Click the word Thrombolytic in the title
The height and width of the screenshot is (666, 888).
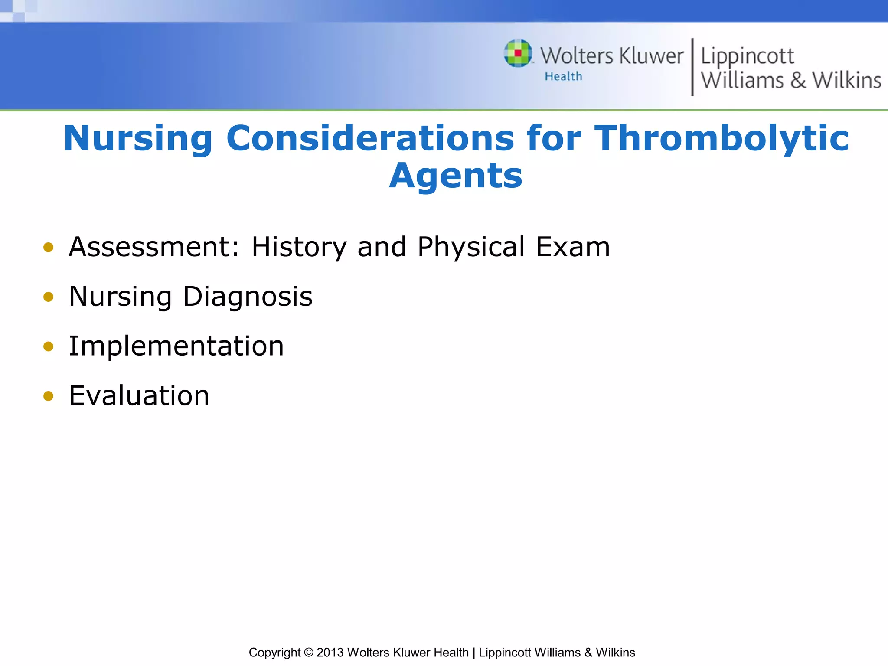tap(721, 139)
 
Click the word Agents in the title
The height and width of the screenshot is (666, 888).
tap(456, 176)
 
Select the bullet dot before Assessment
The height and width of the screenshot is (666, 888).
tap(49, 248)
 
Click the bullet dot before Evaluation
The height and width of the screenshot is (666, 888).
tap(49, 396)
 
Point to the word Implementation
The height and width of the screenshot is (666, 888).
tap(176, 346)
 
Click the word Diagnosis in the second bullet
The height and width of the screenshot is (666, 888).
tap(248, 297)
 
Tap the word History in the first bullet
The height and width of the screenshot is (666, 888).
tap(299, 248)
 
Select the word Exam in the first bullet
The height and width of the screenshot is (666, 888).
tap(573, 248)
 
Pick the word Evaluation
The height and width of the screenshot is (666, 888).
tap(139, 396)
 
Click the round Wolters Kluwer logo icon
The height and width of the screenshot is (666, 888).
tap(518, 53)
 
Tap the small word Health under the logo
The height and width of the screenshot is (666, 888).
tap(563, 77)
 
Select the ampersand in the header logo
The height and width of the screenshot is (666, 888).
tap(798, 81)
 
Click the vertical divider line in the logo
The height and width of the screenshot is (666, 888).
tap(692, 67)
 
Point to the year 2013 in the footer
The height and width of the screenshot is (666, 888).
tap(330, 653)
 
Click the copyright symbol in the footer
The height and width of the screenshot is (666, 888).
tap(308, 653)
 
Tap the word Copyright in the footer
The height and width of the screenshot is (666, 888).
tap(274, 653)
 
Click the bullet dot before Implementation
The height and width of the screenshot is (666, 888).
tap(49, 346)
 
